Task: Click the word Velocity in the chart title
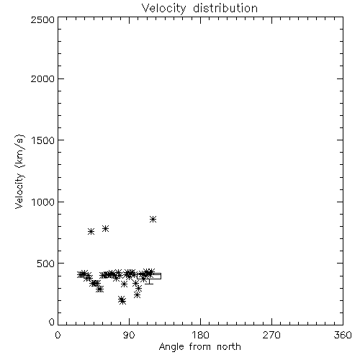(164, 9)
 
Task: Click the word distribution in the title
(225, 8)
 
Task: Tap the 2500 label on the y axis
(42, 19)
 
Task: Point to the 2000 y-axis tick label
(42, 78)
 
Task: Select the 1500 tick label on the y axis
(43, 140)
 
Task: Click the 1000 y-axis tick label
(43, 202)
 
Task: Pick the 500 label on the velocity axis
(46, 264)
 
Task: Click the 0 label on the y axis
(52, 322)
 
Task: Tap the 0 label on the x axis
(58, 335)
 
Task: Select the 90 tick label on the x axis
(129, 335)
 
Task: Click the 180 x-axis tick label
(200, 335)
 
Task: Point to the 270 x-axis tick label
(271, 335)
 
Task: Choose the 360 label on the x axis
(343, 335)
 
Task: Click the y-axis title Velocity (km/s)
(19, 171)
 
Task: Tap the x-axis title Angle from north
(199, 347)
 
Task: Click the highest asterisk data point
(153, 219)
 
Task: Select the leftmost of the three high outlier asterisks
(91, 231)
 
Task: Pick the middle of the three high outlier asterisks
(106, 228)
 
